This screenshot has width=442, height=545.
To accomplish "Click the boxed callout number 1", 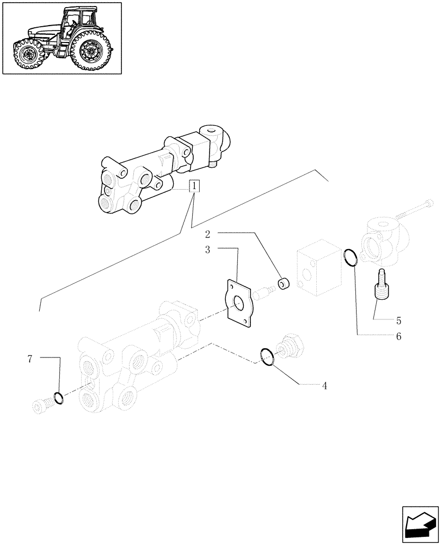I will click(x=194, y=186).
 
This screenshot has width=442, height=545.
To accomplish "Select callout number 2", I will click(x=207, y=234).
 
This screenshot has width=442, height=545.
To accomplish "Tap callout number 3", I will click(x=207, y=250).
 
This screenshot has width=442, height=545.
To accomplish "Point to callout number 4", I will click(x=324, y=386).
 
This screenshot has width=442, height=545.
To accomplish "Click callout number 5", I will click(x=398, y=320).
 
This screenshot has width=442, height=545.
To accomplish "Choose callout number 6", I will click(x=398, y=336).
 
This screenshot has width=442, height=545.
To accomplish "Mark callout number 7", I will click(x=30, y=359).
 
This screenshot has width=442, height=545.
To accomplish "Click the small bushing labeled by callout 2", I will click(x=284, y=283).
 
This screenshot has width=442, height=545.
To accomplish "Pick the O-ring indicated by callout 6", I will click(x=351, y=257).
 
